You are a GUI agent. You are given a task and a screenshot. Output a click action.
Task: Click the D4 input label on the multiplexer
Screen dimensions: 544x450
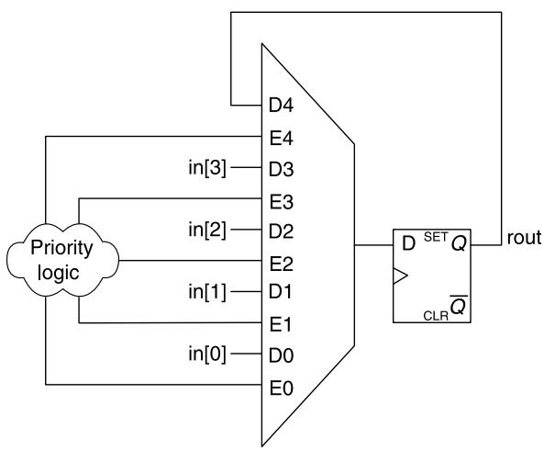pyautogui.click(x=281, y=105)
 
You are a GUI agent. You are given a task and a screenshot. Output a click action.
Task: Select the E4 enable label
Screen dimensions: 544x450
pyautogui.click(x=282, y=138)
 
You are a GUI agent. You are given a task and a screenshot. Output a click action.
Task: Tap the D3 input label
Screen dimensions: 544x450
pyautogui.click(x=281, y=169)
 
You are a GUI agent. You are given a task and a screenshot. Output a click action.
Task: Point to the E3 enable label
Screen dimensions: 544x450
pyautogui.click(x=282, y=202)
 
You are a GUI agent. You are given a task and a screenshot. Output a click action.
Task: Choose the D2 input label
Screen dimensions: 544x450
pyautogui.click(x=281, y=231)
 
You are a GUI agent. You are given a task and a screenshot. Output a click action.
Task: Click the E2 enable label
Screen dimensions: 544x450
pyautogui.click(x=282, y=264)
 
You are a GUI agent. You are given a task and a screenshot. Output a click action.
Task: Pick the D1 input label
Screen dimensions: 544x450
pyautogui.click(x=281, y=291)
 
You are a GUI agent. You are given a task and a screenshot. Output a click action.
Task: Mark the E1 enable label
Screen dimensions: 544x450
pyautogui.click(x=281, y=325)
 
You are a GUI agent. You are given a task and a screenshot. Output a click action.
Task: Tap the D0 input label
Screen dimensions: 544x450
pyautogui.click(x=281, y=355)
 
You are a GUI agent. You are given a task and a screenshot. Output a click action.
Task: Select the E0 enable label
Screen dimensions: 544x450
pyautogui.click(x=282, y=388)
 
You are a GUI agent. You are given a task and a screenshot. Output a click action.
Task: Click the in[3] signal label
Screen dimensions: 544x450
pyautogui.click(x=207, y=168)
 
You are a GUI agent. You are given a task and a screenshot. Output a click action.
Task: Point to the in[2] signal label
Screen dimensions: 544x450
pyautogui.click(x=207, y=230)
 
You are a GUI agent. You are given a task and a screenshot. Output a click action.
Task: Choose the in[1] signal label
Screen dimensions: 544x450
pyautogui.click(x=207, y=292)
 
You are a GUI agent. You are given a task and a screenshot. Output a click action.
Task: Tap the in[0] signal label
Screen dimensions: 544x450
pyautogui.click(x=207, y=354)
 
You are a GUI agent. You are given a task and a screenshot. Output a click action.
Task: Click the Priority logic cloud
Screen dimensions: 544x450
pyautogui.click(x=62, y=260)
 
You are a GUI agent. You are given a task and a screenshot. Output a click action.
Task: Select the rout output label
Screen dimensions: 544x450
pyautogui.click(x=524, y=238)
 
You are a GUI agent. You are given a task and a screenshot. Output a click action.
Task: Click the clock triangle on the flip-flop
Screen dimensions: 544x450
pyautogui.click(x=400, y=276)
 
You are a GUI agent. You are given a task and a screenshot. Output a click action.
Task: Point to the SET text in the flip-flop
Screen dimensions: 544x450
pyautogui.click(x=436, y=237)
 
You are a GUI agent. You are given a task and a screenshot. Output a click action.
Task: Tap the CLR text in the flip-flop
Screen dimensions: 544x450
pyautogui.click(x=436, y=316)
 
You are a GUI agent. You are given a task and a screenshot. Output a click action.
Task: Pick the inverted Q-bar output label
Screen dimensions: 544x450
pyautogui.click(x=459, y=306)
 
